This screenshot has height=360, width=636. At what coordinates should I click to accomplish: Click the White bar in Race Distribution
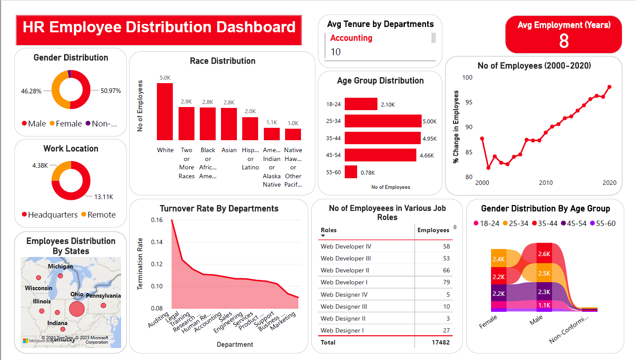(165, 111)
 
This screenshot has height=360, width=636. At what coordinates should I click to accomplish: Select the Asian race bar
(229, 124)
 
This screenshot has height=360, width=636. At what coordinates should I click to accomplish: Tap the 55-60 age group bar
(351, 172)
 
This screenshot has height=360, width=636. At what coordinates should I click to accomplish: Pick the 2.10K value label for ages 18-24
(388, 104)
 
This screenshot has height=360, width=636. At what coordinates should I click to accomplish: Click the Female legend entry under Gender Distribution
(65, 124)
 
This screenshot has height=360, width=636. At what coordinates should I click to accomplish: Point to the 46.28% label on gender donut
(31, 91)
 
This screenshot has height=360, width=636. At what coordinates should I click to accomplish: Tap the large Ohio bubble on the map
(76, 309)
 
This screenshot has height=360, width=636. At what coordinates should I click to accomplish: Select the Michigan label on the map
(61, 267)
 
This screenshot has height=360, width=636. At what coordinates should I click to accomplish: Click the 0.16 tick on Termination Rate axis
(157, 220)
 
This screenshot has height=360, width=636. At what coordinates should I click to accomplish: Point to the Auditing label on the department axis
(158, 320)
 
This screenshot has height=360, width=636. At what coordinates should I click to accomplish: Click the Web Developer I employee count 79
(446, 282)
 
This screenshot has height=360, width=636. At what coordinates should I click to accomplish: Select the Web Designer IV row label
(344, 295)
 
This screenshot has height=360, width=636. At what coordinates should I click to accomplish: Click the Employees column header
(433, 230)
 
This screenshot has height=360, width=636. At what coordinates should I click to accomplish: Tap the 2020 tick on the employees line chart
(609, 183)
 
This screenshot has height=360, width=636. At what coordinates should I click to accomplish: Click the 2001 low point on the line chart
(488, 168)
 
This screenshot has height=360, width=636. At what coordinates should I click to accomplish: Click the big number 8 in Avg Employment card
(564, 41)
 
